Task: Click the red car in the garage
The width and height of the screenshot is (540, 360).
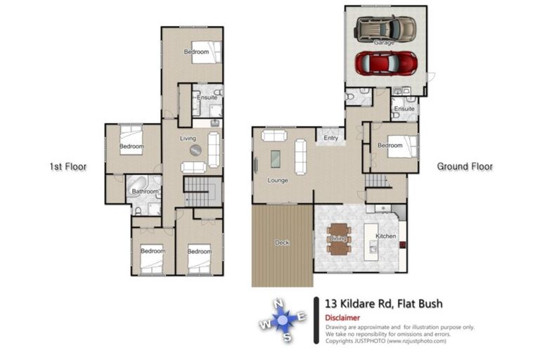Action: point(385,63)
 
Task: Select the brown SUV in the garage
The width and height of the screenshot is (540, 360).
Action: point(385,29)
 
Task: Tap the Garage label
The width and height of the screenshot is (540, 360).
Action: point(384,43)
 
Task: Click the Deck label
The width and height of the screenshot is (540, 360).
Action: point(282,243)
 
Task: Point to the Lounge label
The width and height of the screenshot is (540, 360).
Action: point(278,180)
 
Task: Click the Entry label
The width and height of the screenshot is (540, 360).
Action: point(331,138)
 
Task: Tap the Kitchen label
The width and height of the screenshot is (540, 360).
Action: point(386,236)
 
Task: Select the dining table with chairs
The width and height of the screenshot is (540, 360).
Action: point(338,239)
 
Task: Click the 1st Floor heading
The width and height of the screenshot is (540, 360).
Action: point(67,167)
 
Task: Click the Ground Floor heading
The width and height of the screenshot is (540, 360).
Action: point(465,167)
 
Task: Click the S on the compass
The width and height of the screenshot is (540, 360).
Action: point(288,337)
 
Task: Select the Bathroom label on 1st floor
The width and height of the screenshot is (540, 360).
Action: point(144,191)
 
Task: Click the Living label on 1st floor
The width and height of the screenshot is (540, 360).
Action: point(188,139)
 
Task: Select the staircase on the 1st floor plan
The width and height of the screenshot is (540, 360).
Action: point(202,189)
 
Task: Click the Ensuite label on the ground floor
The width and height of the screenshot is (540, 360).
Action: point(404,109)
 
